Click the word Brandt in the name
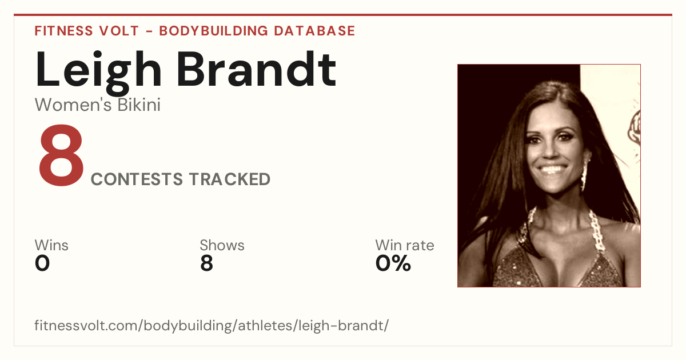[257, 69]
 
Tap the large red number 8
[61, 155]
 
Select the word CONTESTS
[137, 179]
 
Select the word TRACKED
[230, 179]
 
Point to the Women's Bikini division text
[98, 105]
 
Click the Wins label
[51, 245]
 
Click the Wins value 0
[42, 263]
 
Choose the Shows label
[222, 245]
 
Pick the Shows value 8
[207, 263]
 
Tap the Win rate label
[405, 245]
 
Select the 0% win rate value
[393, 263]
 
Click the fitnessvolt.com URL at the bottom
[212, 325]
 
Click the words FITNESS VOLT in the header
[87, 31]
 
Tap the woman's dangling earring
[584, 175]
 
